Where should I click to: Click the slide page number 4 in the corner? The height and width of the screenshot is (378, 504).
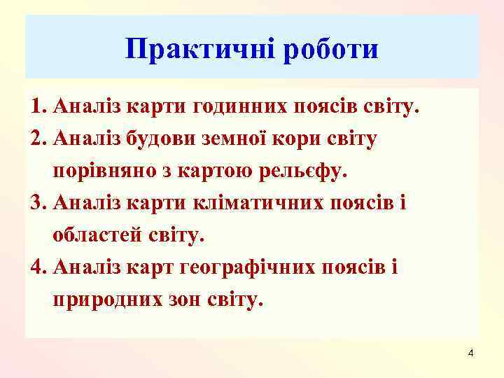pos(470,351)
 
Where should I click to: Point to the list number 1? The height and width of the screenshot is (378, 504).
pos(37,108)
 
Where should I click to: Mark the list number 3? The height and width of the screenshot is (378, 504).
pos(37,204)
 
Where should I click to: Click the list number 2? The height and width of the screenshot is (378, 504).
pos(37,139)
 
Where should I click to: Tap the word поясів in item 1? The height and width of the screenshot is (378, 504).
pos(328,108)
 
